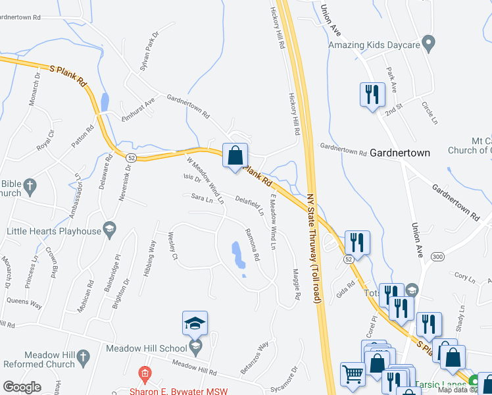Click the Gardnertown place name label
point(400,153)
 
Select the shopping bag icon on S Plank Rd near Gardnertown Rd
point(235,157)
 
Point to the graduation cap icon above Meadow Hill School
point(195,323)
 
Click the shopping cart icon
point(353,374)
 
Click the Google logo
point(22,387)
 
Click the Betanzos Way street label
point(255,357)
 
